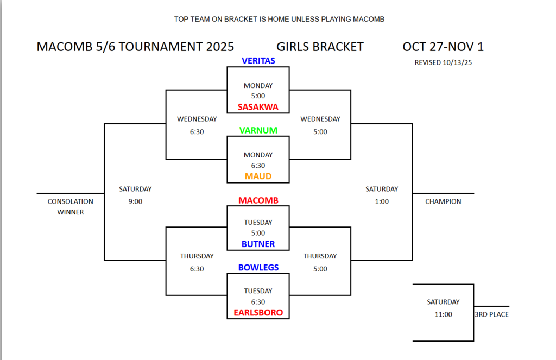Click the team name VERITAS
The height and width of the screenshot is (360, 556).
(x=258, y=61)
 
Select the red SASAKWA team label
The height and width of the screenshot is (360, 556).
(x=258, y=107)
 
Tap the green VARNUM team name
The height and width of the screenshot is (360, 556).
(x=258, y=130)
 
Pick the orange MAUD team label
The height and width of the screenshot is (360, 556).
(x=258, y=176)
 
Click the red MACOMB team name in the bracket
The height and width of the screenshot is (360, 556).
(x=258, y=200)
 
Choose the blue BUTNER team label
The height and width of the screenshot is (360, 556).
(x=258, y=244)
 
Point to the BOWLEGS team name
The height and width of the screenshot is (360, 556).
(x=258, y=268)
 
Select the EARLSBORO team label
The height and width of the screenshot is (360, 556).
(x=258, y=313)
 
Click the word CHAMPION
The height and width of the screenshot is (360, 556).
(x=443, y=201)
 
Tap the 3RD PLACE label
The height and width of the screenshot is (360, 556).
(x=491, y=314)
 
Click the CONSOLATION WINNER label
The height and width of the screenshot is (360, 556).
(x=71, y=207)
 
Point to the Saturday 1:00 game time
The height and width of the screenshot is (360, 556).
(x=382, y=201)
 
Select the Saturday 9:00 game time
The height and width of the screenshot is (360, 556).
(x=135, y=201)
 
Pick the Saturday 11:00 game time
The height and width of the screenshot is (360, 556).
(x=443, y=314)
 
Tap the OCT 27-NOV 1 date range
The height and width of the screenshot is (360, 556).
(x=443, y=47)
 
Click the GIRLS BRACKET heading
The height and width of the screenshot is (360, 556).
(x=319, y=47)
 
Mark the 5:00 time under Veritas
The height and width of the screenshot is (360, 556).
(x=258, y=96)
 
